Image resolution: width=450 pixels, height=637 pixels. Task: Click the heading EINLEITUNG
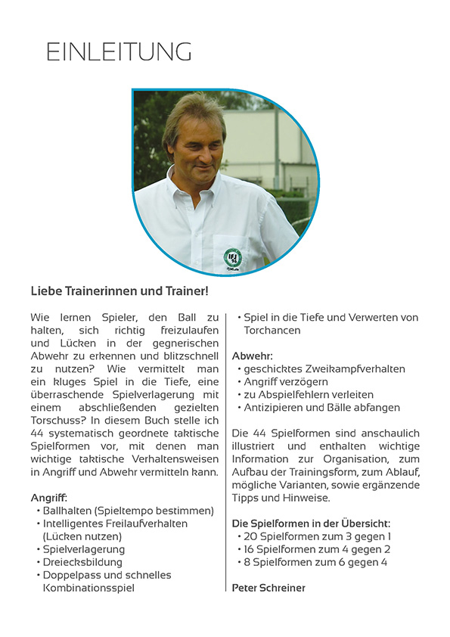tap(119, 51)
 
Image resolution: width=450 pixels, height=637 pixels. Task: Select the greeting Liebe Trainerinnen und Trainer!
tap(119, 291)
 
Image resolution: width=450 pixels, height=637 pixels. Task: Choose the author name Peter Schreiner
tap(268, 588)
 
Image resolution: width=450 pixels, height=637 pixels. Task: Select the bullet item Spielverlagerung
tap(84, 549)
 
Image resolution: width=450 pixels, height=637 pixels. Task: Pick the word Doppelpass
tap(71, 575)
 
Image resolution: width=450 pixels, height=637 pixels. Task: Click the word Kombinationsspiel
tap(88, 588)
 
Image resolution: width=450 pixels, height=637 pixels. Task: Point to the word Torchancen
tap(272, 331)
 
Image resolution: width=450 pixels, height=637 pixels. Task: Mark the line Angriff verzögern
tap(290, 381)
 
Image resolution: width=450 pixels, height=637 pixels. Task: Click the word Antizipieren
tap(275, 407)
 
